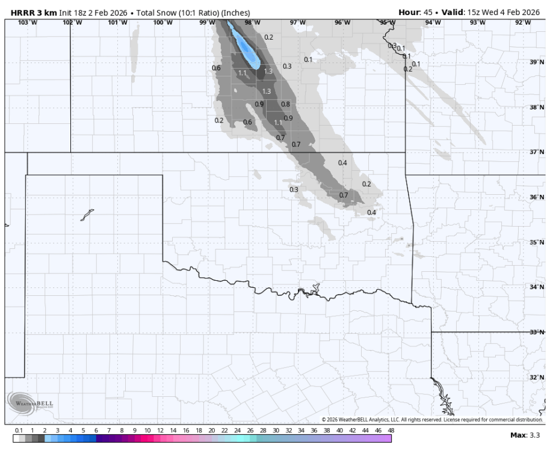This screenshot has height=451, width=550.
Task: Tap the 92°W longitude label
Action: tap(523, 22)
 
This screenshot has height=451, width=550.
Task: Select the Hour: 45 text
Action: tap(415, 12)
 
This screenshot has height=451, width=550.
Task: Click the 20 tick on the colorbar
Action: tap(212, 431)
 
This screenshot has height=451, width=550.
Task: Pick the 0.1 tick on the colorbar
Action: tap(19, 431)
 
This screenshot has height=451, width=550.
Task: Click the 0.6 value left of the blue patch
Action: tap(216, 69)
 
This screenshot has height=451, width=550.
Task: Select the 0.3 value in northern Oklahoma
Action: tap(294, 189)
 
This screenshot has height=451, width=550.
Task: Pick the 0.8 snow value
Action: tap(285, 104)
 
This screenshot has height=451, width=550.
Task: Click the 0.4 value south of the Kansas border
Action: tap(342, 163)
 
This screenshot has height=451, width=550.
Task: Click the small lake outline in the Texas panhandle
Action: tap(87, 215)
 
